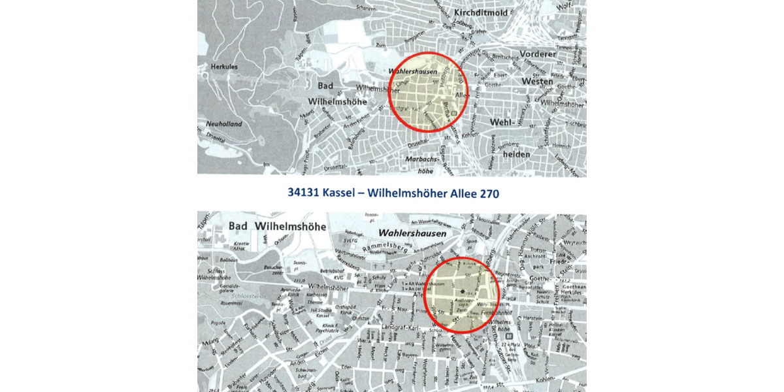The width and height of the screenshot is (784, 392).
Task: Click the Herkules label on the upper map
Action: click(x=223, y=66)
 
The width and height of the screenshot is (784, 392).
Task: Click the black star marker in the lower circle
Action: click(x=461, y=291)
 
